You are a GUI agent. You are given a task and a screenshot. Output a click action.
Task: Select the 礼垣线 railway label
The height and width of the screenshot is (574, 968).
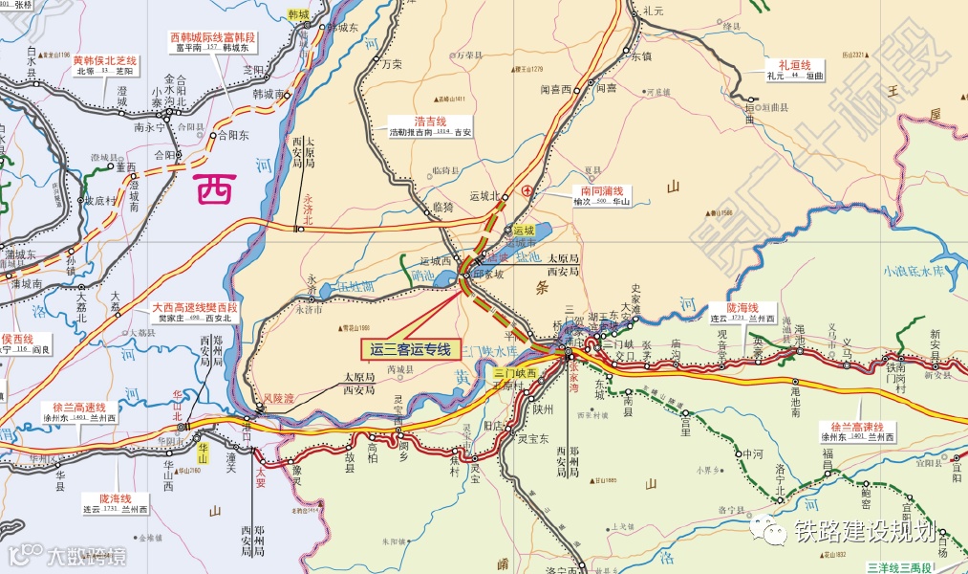(782, 64)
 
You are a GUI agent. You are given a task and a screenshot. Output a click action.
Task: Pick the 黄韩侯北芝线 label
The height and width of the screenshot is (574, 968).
(106, 60)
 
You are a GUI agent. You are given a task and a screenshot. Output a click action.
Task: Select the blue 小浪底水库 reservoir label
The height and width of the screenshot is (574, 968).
(914, 271)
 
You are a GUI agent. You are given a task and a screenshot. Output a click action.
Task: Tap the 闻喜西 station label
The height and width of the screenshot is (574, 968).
(555, 89)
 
